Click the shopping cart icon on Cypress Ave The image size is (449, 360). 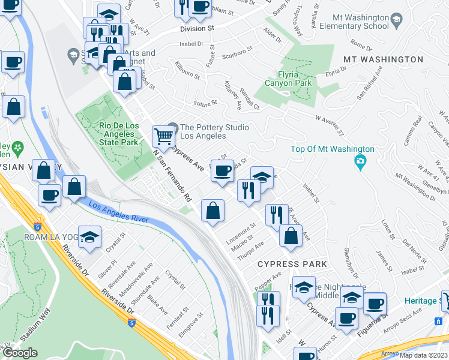[x=163, y=137]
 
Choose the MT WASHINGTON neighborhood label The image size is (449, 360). [x=383, y=60]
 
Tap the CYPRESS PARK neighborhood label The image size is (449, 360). [x=292, y=264]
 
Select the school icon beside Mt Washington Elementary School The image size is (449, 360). [x=396, y=21]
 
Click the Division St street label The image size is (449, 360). [x=197, y=28]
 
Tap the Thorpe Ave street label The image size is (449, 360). [x=251, y=251]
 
